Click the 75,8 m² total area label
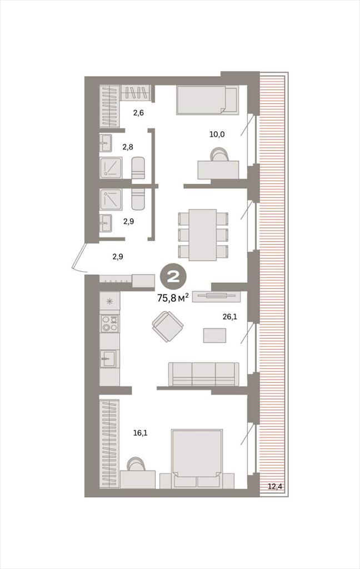point(173,298)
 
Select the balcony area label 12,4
point(274,486)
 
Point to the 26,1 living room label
point(229,316)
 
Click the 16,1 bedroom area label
point(141,432)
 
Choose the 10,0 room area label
point(217,134)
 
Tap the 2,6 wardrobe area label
point(138,113)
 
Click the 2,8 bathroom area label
point(128,147)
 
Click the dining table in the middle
point(202,235)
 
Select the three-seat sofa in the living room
point(203,374)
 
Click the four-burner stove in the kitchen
point(109,323)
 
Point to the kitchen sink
point(108,358)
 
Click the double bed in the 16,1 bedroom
point(197,458)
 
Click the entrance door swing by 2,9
point(79,258)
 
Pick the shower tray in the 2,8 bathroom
point(111,167)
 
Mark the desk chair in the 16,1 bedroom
point(137,464)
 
